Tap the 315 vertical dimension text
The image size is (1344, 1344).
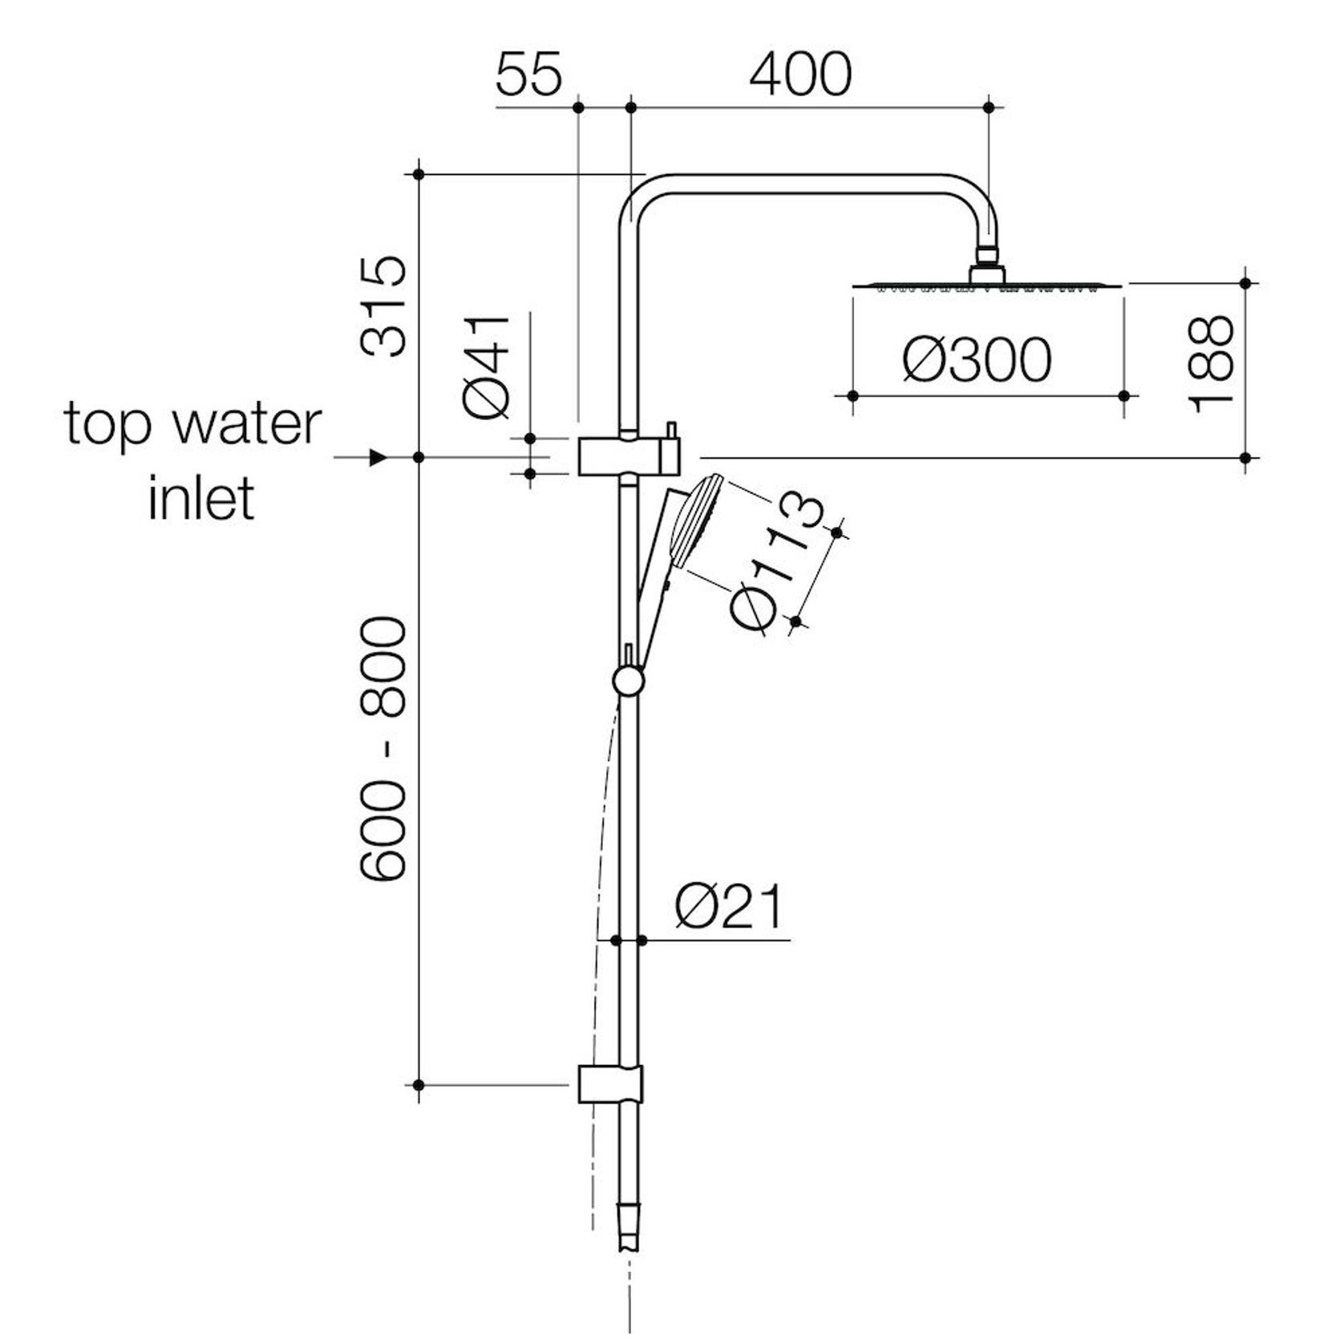(x=383, y=306)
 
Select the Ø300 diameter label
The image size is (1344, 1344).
(x=976, y=360)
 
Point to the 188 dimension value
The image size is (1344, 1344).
(x=1210, y=364)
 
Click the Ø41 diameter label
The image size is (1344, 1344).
(x=486, y=366)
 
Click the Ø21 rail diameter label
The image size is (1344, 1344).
(x=728, y=906)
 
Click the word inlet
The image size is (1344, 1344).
(x=201, y=498)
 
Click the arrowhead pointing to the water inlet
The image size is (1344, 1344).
(x=377, y=458)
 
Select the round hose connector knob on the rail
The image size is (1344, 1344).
(x=627, y=682)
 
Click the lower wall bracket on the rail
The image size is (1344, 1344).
(x=610, y=1084)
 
